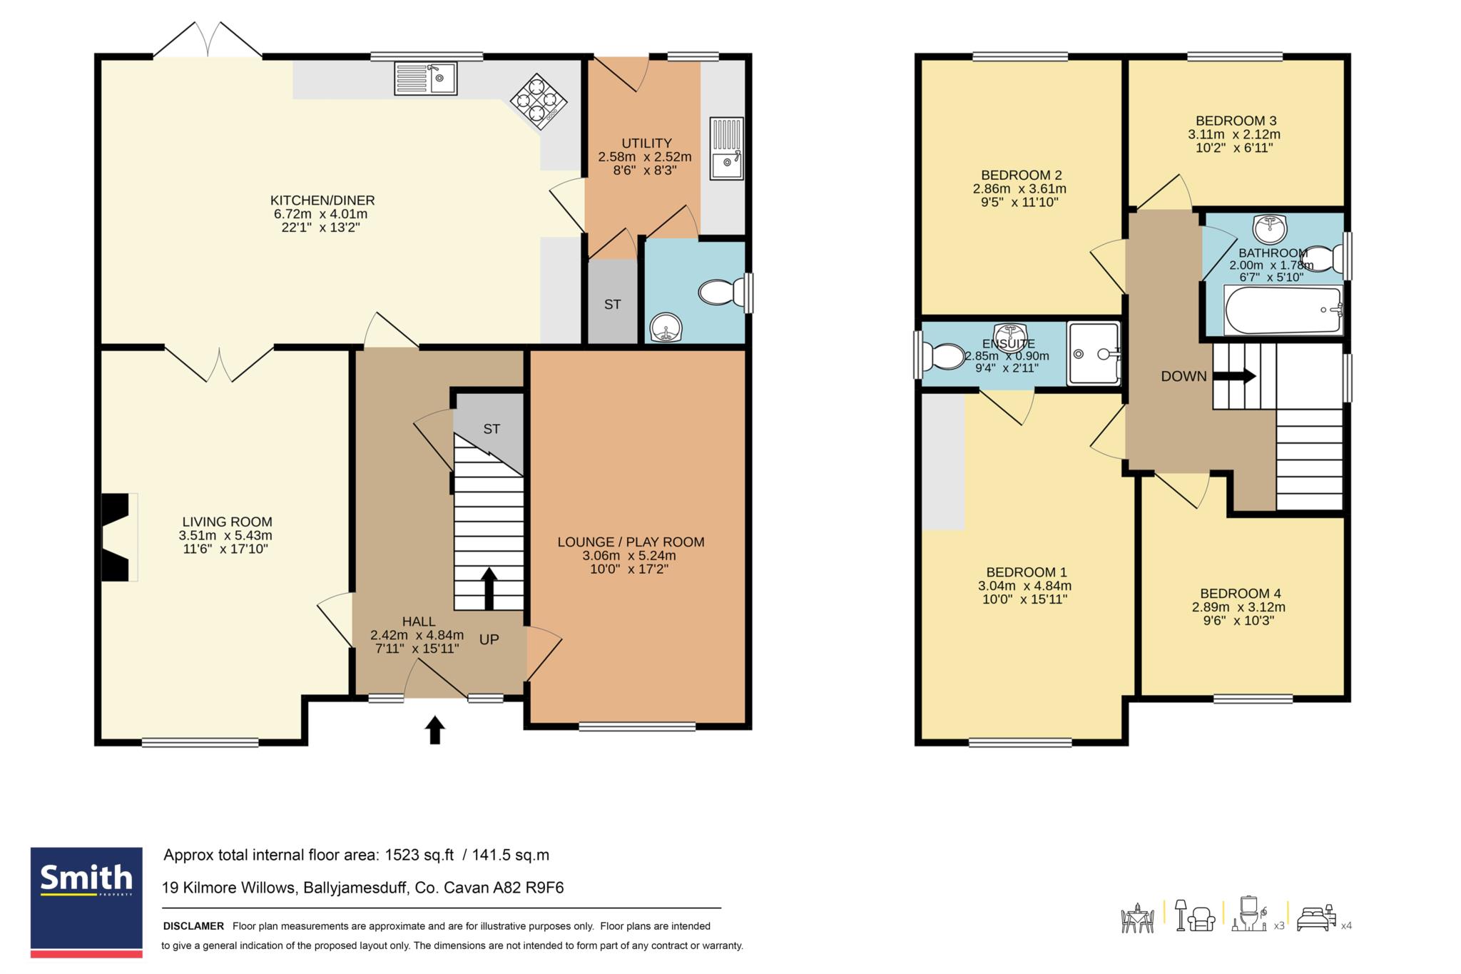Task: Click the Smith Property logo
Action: (x=86, y=902)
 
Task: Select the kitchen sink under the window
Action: (x=426, y=78)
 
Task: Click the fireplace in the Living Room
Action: (x=119, y=537)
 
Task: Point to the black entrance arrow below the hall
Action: (x=434, y=730)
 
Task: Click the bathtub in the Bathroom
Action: (x=1283, y=310)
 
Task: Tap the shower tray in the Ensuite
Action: (x=1094, y=353)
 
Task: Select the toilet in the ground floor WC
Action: (x=723, y=293)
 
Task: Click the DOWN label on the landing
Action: (x=1183, y=376)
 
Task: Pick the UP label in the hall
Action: (x=489, y=639)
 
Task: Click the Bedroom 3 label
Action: (x=1236, y=121)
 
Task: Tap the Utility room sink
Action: (x=727, y=148)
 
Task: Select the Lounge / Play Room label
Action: (x=631, y=542)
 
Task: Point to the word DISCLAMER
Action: (x=193, y=926)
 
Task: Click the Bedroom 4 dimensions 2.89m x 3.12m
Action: (x=1238, y=607)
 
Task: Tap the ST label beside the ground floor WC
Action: (x=612, y=304)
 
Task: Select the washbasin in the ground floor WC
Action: (x=666, y=328)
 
